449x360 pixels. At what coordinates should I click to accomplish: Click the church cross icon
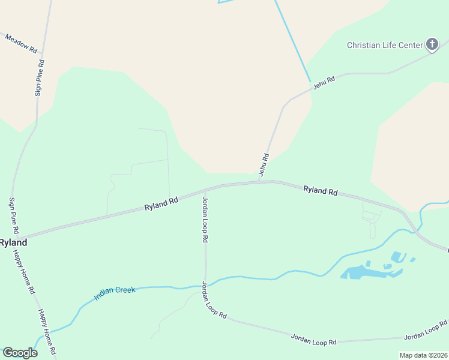point(432,44)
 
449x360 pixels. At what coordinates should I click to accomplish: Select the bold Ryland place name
point(12,242)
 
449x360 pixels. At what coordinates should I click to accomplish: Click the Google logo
point(20,353)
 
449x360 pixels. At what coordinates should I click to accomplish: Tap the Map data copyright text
point(423,355)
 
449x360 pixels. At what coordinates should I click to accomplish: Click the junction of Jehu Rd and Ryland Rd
point(259,181)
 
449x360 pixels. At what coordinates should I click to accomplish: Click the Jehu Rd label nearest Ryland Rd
point(264,164)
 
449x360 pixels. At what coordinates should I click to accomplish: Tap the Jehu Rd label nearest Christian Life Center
point(322,83)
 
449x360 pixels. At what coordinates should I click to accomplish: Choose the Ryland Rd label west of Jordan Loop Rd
point(161,203)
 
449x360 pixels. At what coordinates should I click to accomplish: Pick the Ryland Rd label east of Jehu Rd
point(320,190)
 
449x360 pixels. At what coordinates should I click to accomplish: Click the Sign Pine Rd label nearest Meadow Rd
point(39,77)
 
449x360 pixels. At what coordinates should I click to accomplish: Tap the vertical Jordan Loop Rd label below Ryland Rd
point(205,218)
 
